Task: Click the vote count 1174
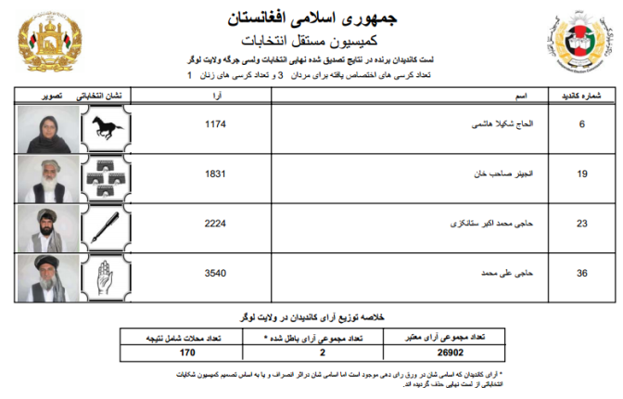click(x=214, y=123)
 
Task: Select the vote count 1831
click(x=214, y=173)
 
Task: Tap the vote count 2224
click(x=214, y=223)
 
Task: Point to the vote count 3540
click(x=214, y=273)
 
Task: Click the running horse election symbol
click(x=107, y=129)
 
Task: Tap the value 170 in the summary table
click(x=187, y=353)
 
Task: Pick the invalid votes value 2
click(x=322, y=353)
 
